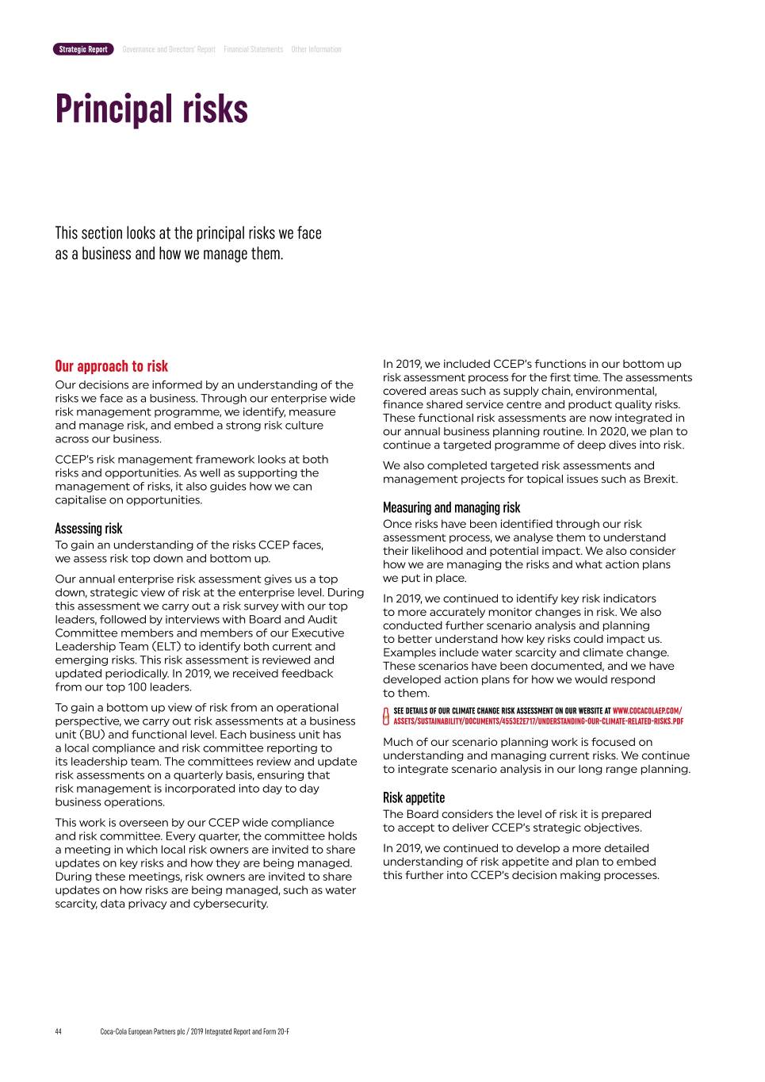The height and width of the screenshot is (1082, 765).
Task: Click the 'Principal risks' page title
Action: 151,109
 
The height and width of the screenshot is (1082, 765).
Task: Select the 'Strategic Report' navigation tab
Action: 83,49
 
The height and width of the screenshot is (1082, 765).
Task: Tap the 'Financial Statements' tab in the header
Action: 253,49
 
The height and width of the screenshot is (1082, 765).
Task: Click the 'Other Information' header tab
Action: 316,49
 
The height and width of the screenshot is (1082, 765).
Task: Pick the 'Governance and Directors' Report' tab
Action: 169,49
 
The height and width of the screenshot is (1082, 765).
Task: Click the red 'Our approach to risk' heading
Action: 111,365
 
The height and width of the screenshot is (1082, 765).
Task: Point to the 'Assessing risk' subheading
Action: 88,528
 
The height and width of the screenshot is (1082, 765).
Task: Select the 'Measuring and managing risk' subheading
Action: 451,507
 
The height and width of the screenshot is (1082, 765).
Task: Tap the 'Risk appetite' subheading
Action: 413,797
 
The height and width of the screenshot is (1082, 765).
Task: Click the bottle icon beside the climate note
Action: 386,716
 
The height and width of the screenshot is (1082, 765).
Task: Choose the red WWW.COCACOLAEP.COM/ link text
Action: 647,711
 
